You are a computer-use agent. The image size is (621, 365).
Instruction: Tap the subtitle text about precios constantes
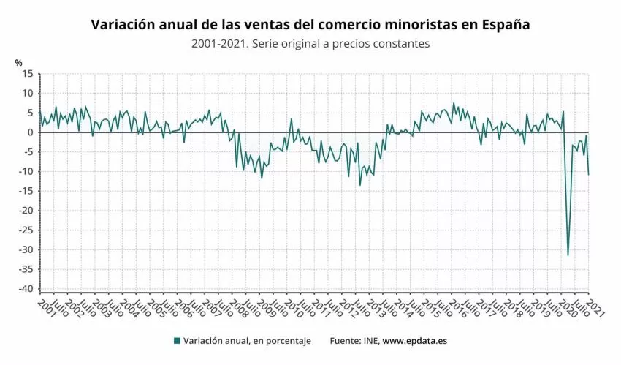(310, 44)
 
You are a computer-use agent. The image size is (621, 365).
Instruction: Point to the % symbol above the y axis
(18, 63)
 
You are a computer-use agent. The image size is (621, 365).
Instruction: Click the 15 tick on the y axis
(28, 74)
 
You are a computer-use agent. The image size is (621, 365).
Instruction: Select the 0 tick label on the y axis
(31, 132)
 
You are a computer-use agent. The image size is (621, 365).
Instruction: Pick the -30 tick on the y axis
(27, 249)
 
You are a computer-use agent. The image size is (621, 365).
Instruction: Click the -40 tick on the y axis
(27, 289)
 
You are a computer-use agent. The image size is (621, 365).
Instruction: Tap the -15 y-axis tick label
(27, 191)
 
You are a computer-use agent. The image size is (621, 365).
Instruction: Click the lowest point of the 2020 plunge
(568, 255)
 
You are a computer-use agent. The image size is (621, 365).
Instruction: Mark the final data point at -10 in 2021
(589, 174)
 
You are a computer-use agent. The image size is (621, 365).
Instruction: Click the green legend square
(177, 341)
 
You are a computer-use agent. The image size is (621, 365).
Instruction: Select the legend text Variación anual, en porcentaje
(247, 341)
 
